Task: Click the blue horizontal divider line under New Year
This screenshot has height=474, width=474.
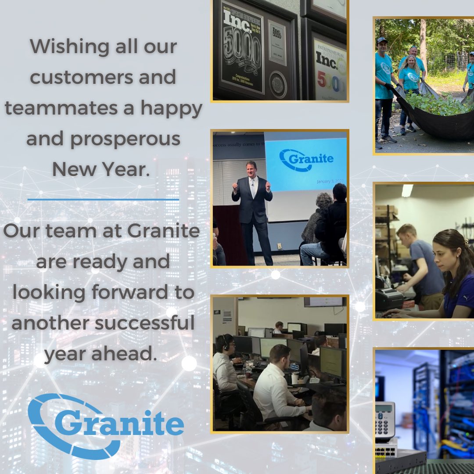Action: [103, 199]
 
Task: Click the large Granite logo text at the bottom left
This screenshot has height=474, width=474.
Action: [119, 424]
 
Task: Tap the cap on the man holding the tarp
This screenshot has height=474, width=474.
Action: [382, 40]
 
